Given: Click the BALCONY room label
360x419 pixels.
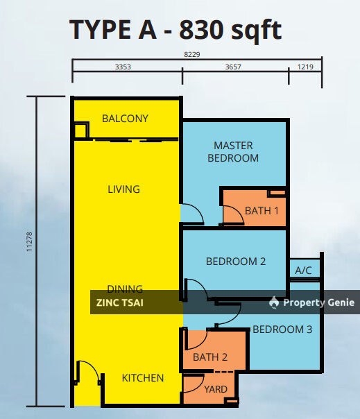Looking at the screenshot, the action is click(x=125, y=119).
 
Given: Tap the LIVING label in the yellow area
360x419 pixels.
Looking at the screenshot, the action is click(x=123, y=189).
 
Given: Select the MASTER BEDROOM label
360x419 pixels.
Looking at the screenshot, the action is click(x=233, y=152).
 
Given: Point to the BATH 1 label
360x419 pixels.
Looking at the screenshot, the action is click(x=262, y=211).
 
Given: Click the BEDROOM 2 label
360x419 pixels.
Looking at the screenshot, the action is click(x=236, y=262).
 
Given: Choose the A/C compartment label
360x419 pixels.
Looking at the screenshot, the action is click(x=303, y=271).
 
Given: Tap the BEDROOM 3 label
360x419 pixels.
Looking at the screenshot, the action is click(x=282, y=330).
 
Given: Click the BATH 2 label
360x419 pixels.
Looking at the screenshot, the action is click(x=210, y=357).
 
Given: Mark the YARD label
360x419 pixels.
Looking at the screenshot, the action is click(x=216, y=389).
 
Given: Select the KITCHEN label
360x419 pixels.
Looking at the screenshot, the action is click(x=143, y=378).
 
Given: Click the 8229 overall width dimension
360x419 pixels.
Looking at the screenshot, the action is click(x=192, y=54).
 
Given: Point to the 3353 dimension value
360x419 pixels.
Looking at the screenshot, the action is click(x=123, y=67).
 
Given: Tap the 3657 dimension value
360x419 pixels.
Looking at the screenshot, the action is click(x=233, y=67).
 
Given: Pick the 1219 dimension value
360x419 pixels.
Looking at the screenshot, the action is click(x=305, y=67).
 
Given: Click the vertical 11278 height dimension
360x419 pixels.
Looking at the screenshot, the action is click(x=29, y=241).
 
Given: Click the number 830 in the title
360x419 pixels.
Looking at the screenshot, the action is click(x=201, y=29).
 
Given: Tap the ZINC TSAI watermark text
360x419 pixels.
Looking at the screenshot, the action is click(x=120, y=302).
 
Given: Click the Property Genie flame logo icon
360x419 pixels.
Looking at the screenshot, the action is click(x=274, y=302).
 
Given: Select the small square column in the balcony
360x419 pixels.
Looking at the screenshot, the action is click(x=81, y=130).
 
